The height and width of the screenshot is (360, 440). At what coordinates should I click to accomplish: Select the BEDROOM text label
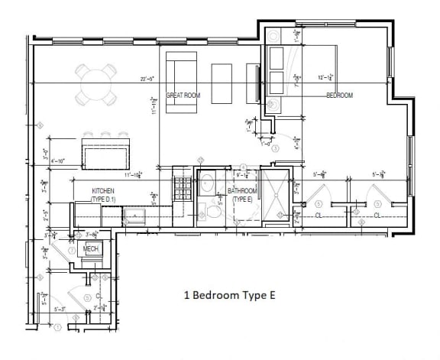340,96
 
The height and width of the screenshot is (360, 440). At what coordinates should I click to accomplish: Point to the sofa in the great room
181,82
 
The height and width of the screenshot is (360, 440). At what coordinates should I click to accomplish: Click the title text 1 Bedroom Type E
228,294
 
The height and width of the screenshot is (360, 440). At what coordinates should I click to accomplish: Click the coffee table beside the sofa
222,83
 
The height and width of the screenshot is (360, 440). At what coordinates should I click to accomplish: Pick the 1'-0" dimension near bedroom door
265,142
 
